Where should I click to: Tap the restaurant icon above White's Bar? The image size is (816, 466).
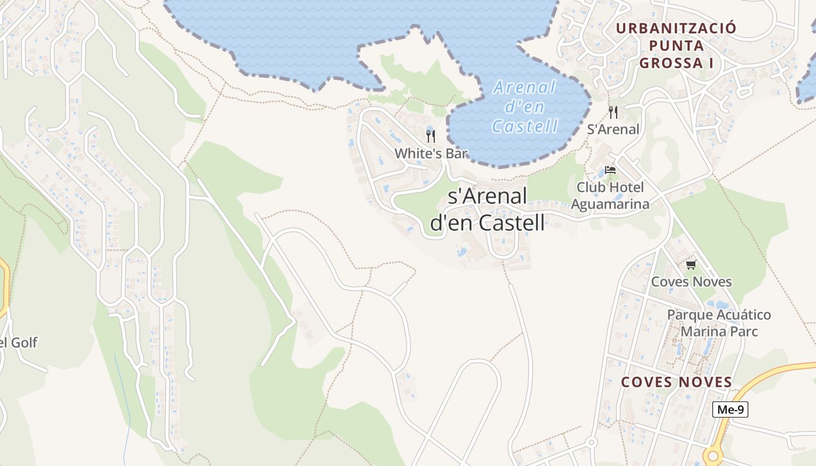(x=431, y=136)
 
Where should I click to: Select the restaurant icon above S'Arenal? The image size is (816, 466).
(x=613, y=112)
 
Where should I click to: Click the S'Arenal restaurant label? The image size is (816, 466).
(x=613, y=129)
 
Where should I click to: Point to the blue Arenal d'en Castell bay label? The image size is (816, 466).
(x=525, y=107)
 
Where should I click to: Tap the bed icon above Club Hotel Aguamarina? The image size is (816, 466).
(x=610, y=170)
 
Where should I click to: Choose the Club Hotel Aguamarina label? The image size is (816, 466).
(x=610, y=196)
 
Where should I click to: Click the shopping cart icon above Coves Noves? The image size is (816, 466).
(x=691, y=265)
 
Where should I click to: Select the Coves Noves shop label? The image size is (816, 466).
(x=691, y=282)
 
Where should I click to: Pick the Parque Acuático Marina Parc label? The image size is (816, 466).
(x=719, y=323)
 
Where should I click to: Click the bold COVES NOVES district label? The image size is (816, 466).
(x=676, y=382)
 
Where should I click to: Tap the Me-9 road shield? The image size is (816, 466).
(x=730, y=409)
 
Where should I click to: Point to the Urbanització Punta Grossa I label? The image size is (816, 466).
(x=676, y=45)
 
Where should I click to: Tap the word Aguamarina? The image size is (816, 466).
(x=610, y=204)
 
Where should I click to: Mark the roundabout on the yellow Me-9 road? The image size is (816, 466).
(x=712, y=456)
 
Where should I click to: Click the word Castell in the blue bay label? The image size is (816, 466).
(x=525, y=126)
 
